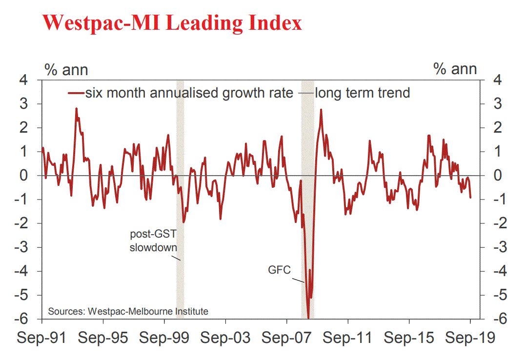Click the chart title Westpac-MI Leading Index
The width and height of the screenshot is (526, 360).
pyautogui.click(x=172, y=22)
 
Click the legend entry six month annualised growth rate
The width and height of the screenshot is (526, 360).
pyautogui.click(x=189, y=93)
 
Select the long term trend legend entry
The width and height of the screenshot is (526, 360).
pyautogui.click(x=362, y=93)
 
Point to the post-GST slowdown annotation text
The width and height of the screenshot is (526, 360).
pyautogui.click(x=153, y=240)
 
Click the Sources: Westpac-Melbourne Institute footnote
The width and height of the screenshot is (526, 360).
pyautogui.click(x=128, y=311)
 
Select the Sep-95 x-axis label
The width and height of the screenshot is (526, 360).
pyautogui.click(x=103, y=338)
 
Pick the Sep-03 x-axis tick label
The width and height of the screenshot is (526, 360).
pyautogui.click(x=225, y=338)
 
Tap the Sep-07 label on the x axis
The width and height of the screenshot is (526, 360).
pyautogui.click(x=287, y=338)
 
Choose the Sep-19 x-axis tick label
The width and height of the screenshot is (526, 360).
pyautogui.click(x=470, y=338)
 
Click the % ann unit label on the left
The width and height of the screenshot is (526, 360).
pyautogui.click(x=66, y=69)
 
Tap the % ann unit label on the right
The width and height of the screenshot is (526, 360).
pyautogui.click(x=455, y=69)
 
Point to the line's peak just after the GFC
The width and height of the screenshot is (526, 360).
pyautogui.click(x=321, y=110)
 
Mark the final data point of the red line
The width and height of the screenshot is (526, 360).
pyautogui.click(x=470, y=197)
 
